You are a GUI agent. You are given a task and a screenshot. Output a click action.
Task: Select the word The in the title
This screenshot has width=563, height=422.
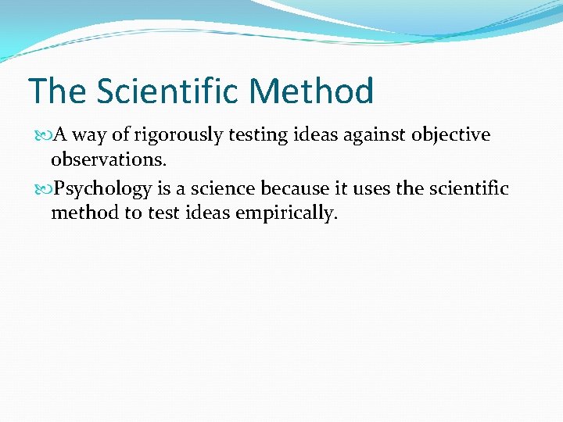(x=56, y=91)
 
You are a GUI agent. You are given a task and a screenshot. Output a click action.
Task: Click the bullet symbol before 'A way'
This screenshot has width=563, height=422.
(x=44, y=135)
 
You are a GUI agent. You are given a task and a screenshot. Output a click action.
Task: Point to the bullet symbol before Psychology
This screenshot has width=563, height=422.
(x=44, y=189)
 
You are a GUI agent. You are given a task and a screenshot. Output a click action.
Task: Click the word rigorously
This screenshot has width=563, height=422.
(x=179, y=135)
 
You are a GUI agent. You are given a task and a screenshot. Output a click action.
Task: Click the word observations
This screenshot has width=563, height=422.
(x=99, y=160)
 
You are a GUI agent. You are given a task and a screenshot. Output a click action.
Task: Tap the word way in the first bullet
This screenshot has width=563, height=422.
(x=90, y=135)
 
